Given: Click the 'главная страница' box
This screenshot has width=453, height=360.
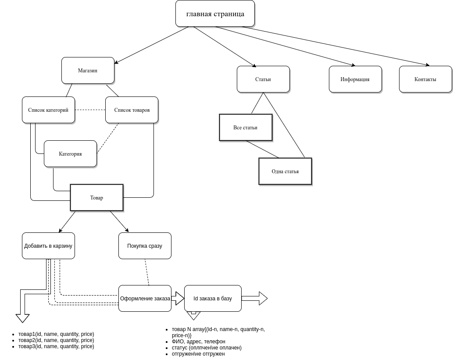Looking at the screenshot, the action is click(x=215, y=14).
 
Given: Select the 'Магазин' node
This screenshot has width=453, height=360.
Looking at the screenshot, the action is click(x=88, y=71).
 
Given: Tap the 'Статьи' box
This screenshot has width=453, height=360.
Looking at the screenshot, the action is click(x=263, y=79).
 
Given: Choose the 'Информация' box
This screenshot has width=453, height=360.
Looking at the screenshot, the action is click(x=355, y=79).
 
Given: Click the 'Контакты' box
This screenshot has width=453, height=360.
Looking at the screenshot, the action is click(x=425, y=79).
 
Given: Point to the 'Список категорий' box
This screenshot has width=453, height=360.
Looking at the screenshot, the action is click(x=49, y=110).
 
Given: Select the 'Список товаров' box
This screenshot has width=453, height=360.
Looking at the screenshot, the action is click(x=132, y=110).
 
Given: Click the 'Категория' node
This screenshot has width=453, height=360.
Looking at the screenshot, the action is click(x=71, y=154).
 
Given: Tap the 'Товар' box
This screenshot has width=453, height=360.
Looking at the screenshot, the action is click(x=97, y=198).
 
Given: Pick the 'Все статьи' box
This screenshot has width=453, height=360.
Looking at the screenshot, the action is click(x=246, y=128).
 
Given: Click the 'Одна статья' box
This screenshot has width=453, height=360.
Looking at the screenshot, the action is click(x=285, y=171).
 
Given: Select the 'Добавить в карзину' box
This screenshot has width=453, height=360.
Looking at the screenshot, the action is click(x=49, y=246).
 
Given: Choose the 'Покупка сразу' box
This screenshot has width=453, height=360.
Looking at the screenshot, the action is click(x=145, y=246).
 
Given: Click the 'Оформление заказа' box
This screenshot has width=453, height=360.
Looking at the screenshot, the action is click(x=145, y=299).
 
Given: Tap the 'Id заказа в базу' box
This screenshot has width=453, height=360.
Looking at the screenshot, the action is click(x=213, y=299).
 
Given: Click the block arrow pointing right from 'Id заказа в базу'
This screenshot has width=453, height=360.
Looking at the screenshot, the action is click(x=254, y=299).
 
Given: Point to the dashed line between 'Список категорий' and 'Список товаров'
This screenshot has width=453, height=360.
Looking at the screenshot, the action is click(x=90, y=110).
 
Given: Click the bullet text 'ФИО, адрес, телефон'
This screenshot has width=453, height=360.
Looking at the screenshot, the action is click(x=199, y=342).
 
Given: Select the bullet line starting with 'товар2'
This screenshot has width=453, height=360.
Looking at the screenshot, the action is click(x=56, y=340).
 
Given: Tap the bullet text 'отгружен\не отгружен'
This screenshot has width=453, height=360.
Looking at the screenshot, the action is click(x=198, y=354).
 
